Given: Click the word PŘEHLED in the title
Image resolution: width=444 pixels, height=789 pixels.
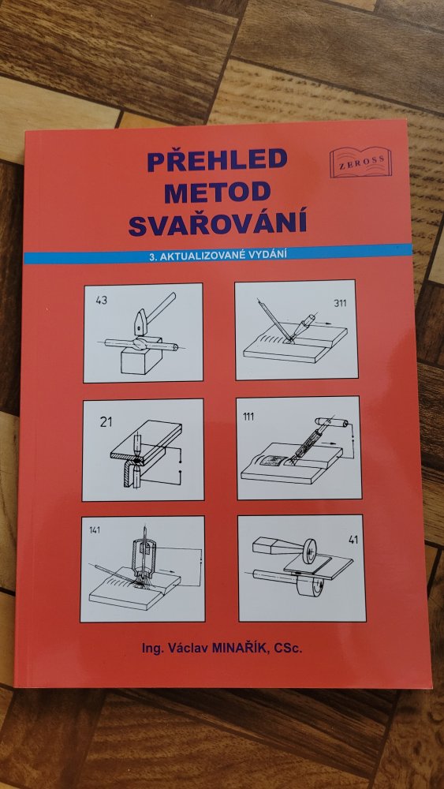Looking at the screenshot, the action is (217, 159).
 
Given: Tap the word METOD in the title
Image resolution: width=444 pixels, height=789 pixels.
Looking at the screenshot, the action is (217, 192).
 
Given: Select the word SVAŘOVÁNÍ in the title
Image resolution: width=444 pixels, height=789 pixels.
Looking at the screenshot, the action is (218, 224).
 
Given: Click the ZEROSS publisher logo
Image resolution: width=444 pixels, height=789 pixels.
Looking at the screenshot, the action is (360, 162).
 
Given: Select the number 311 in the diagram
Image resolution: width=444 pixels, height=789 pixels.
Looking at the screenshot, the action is (341, 303).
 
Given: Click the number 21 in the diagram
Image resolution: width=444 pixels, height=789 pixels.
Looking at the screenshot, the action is (106, 421).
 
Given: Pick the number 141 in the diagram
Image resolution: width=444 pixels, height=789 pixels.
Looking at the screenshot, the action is (94, 530).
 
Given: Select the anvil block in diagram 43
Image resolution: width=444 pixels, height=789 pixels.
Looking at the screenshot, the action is (141, 359).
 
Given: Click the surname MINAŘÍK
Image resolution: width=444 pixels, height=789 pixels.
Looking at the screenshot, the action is (241, 649).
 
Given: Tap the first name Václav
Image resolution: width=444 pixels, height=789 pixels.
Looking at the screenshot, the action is (189, 649).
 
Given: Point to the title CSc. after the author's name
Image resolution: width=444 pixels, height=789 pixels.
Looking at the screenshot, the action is (288, 649).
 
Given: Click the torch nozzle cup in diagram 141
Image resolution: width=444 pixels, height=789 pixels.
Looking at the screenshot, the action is (145, 556).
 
